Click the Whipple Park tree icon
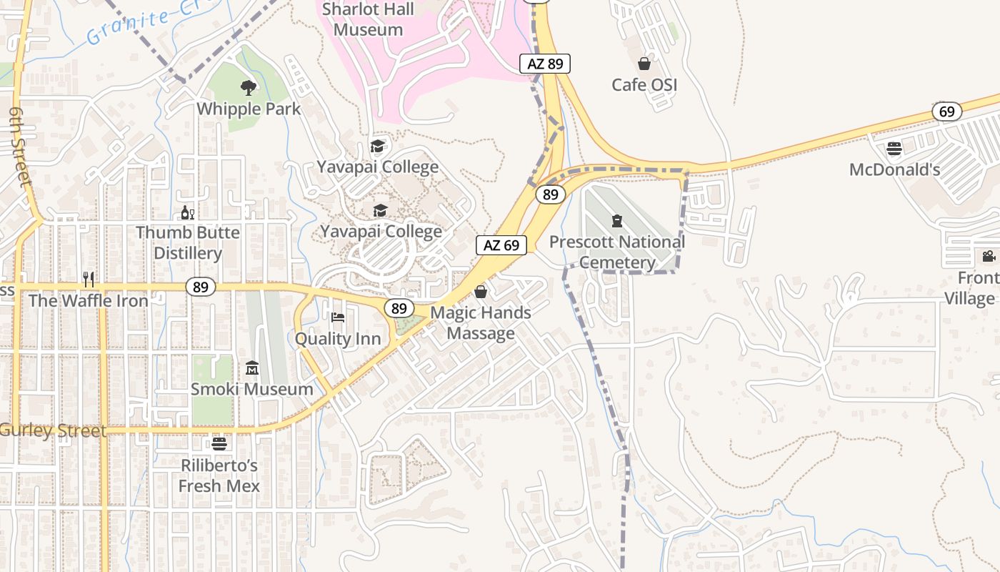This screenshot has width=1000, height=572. pos(249,88)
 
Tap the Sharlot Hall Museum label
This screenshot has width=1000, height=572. pos(368,19)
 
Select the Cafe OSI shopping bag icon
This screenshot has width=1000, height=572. pos(644,64)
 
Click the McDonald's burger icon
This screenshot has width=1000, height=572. pos(894,149)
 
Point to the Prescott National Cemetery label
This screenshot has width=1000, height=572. pos(617,252)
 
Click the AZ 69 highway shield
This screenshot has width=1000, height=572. pos(501,245)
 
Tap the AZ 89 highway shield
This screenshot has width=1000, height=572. pos(545,64)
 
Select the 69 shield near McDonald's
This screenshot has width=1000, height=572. pos(947,112)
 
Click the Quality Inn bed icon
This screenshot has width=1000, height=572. pos(338,317)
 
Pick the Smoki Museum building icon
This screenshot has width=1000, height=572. pos(252,368)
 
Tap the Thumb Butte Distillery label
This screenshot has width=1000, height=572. pos(188,242)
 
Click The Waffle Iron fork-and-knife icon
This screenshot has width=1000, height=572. pos(89,279)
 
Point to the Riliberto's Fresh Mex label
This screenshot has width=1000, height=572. pos(219,475)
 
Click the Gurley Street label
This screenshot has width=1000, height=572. pos(54,430)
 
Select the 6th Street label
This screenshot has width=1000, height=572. pos(20,147)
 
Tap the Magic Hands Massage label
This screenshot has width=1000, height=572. pos(481,322)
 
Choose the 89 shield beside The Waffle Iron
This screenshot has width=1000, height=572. pos(201,287)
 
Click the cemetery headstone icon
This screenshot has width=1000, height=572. pos(617,220)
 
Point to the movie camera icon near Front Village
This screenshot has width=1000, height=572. pos(989,256)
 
